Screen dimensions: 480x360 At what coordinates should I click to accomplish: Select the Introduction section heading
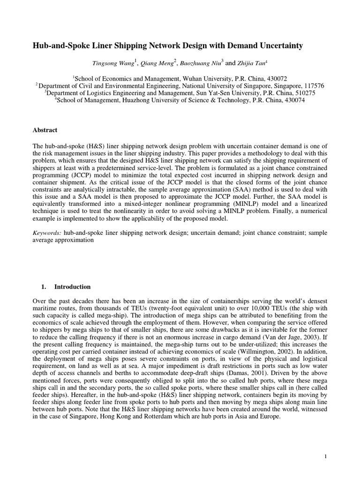(73, 287)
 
